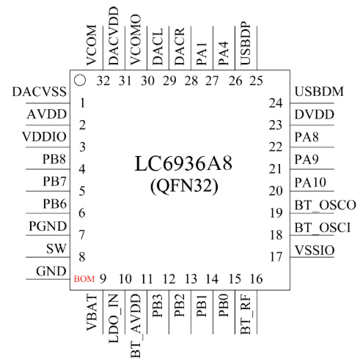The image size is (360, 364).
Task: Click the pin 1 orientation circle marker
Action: coord(80,81)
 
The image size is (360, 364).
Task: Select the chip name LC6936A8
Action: coord(183,163)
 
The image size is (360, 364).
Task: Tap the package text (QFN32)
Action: coord(184,186)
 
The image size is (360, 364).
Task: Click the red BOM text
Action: coord(84,279)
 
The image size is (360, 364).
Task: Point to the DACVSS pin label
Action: coord(40,92)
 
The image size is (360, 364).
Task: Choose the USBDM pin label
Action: coord(319,92)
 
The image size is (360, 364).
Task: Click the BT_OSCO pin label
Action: coord(325,205)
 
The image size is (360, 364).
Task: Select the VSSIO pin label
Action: coord(315,250)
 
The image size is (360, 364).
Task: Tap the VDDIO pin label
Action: coord(44,137)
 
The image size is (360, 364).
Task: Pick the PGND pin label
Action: coord(48,226)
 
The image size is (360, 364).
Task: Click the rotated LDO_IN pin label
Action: coord(114,318)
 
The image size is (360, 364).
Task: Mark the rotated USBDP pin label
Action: coord(246,43)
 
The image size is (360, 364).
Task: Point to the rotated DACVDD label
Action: coord(114,36)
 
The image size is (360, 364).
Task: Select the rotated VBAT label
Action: coord(92,313)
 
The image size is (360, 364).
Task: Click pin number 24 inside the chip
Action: coord(276,103)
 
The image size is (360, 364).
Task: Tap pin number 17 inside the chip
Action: coord(276,257)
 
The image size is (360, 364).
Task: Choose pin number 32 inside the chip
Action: coord(103,81)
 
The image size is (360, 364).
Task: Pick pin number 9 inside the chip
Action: coord(103,279)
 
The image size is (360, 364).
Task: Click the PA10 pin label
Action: coord(310,182)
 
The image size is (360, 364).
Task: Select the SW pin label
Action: coord(56,248)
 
